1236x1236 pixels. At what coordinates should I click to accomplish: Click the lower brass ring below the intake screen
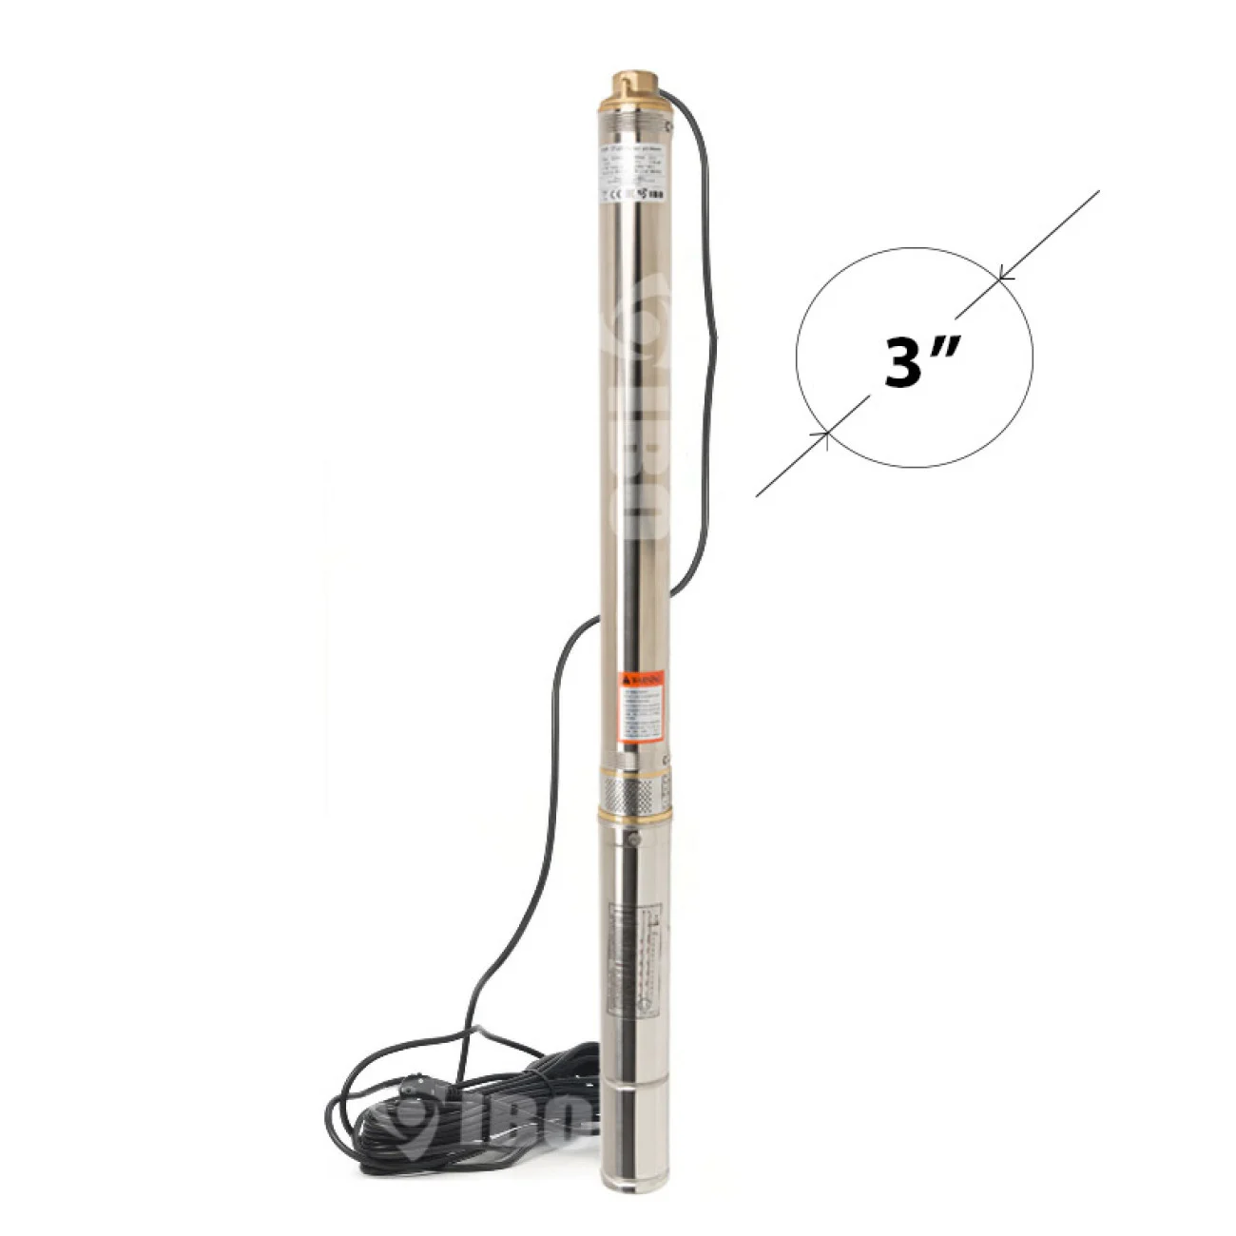(x=633, y=815)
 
